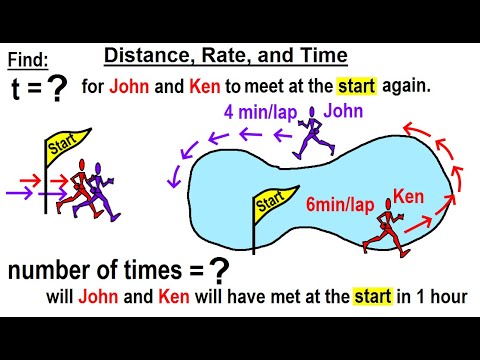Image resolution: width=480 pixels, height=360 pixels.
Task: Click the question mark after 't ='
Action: pyautogui.click(x=57, y=89)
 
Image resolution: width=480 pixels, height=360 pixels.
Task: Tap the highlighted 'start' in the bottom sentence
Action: pyautogui.click(x=376, y=296)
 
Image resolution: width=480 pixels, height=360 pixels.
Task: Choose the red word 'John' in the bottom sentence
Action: pyautogui.click(x=95, y=296)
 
